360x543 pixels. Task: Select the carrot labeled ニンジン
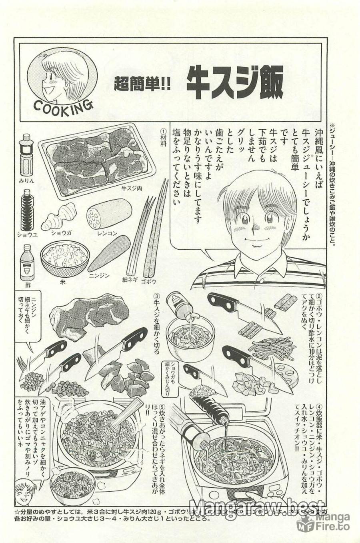pyautogui.click(x=107, y=254)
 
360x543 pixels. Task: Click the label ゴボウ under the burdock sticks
pyautogui.click(x=149, y=281)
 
